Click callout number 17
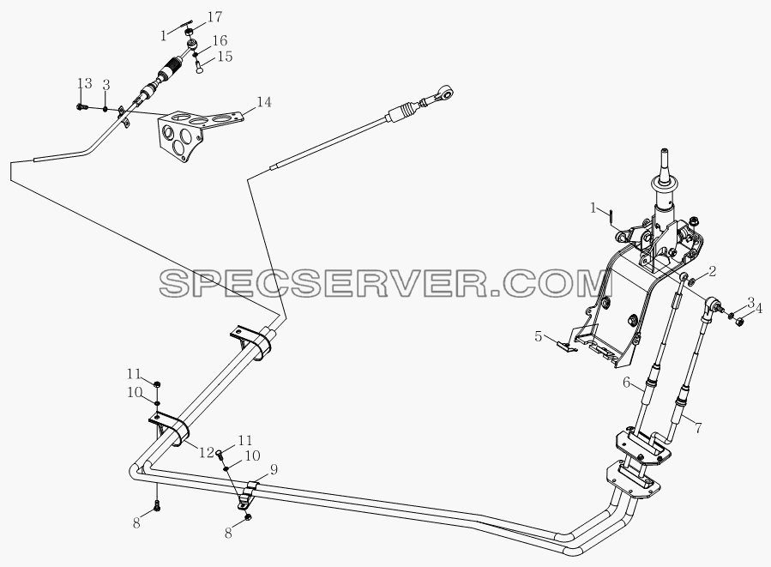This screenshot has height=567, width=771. tap(214, 17)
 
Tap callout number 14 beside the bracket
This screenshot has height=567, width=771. tap(263, 102)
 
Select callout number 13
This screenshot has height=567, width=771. tap(85, 83)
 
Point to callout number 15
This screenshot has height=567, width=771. tap(225, 57)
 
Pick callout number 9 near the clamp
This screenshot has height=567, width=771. tap(274, 469)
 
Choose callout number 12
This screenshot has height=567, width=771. tap(207, 452)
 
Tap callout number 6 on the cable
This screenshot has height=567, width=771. tap(626, 382)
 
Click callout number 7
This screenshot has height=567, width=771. tap(698, 427)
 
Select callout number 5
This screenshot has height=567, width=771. tap(539, 337)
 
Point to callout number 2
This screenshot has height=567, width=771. tap(712, 271)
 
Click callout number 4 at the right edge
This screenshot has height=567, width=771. tap(759, 309)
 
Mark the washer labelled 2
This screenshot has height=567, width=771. tap(691, 282)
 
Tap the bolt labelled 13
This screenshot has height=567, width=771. tap(81, 106)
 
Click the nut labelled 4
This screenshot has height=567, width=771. tap(738, 323)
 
